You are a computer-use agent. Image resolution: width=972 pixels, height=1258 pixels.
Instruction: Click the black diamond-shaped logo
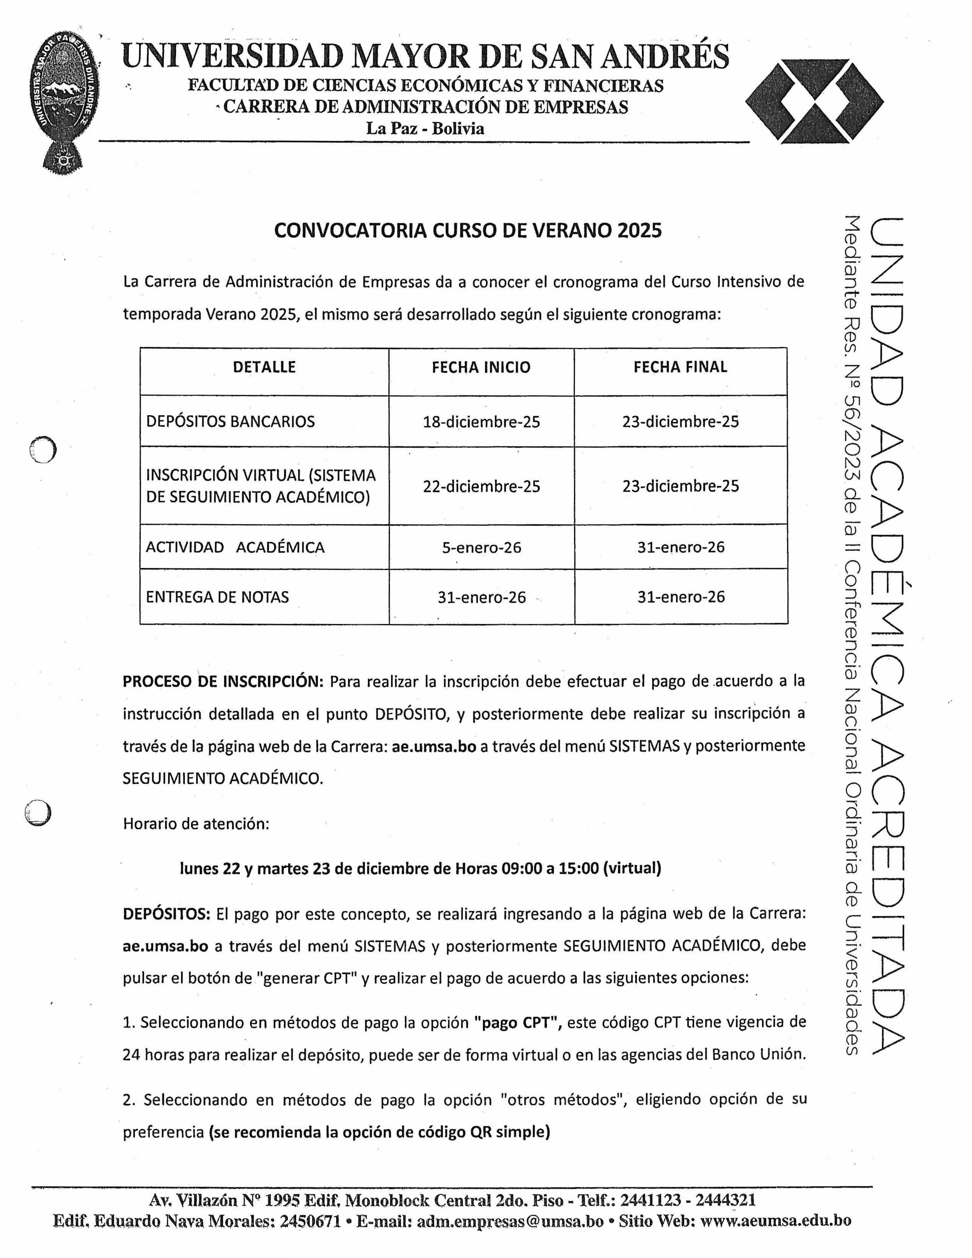point(814,101)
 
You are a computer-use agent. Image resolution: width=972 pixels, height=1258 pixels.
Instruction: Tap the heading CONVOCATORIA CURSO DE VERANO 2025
point(468,230)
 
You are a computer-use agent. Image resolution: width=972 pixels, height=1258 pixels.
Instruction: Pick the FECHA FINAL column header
point(680,367)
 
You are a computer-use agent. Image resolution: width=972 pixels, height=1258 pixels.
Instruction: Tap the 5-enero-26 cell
point(481,547)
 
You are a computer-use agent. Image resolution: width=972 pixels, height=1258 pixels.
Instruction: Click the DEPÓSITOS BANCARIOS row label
point(230,422)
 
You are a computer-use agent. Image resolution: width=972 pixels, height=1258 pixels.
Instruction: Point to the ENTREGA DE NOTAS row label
point(217,597)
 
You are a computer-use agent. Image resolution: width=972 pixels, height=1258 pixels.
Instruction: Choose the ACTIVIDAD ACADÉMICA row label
point(235,547)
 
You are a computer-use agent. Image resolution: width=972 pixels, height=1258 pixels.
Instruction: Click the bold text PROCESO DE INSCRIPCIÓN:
point(223,682)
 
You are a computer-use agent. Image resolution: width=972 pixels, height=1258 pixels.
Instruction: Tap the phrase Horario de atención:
point(196,824)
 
